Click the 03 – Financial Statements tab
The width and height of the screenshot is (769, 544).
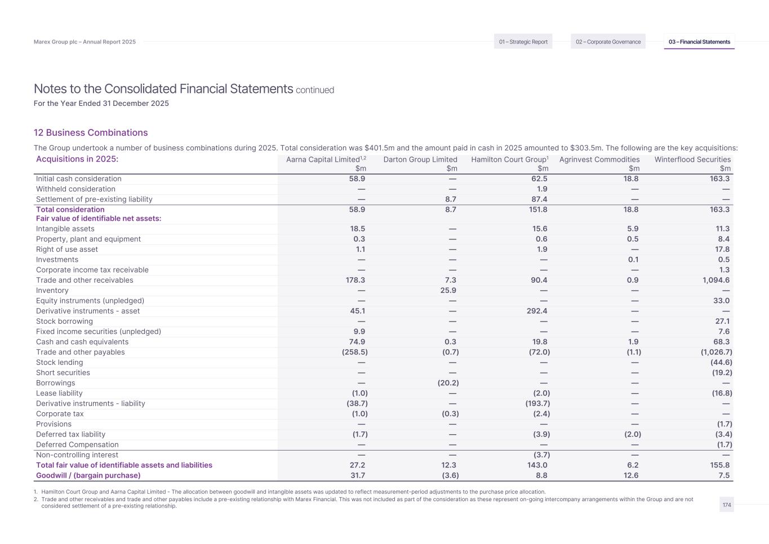click(699, 42)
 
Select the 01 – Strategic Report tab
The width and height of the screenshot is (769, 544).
click(523, 42)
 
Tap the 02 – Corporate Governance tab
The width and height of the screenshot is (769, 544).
click(608, 42)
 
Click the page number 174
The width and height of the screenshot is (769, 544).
click(727, 505)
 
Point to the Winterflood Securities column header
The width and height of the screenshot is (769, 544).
click(692, 159)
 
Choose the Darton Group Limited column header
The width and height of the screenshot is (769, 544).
click(420, 159)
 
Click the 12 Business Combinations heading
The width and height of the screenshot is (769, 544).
click(91, 132)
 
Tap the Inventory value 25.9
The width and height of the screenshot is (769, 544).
click(450, 291)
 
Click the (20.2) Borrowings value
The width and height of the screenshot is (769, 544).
click(448, 383)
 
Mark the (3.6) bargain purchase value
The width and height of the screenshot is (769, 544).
click(450, 475)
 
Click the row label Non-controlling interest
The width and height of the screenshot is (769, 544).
click(77, 455)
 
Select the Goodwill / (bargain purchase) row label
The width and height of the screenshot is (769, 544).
click(88, 475)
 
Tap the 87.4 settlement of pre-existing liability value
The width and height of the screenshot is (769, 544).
click(539, 199)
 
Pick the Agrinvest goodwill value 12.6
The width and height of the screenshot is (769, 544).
click(631, 475)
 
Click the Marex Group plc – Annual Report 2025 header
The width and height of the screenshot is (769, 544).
click(85, 42)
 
